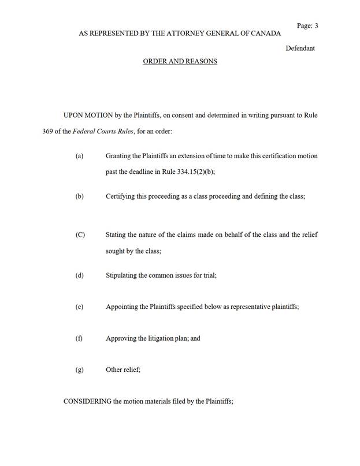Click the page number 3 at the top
316,25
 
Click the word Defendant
300,49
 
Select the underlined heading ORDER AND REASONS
180,61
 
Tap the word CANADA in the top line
265,33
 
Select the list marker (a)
79,156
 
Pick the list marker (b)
79,196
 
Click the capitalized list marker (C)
80,235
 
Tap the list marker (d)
79,275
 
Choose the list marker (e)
79,307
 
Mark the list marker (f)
79,338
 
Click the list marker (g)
79,370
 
